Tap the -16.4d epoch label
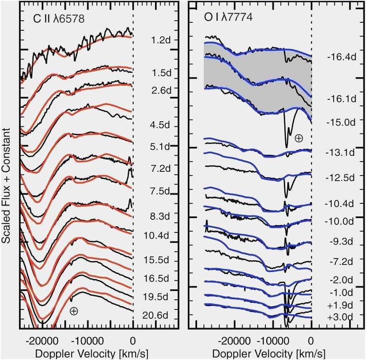click(342, 56)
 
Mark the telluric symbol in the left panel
click(74, 311)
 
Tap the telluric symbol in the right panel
click(299, 138)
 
